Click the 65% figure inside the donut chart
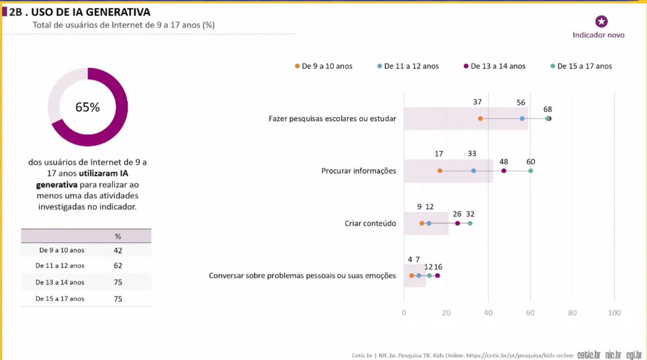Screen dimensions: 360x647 tap(87, 107)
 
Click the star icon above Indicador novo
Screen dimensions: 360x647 tap(601, 22)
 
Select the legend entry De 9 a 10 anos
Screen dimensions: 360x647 tap(323, 66)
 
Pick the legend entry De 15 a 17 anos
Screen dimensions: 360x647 tap(581, 66)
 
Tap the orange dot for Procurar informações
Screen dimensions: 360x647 tap(440, 171)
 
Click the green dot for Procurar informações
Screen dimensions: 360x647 tap(530, 171)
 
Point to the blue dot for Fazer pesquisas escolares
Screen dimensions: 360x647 tap(522, 119)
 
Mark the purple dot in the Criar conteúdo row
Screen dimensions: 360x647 tap(457, 223)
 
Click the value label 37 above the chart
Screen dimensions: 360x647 tap(477, 102)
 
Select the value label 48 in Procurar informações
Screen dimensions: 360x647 tap(503, 162)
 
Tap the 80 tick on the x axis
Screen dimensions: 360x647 tap(572, 313)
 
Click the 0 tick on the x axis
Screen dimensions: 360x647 tap(404, 313)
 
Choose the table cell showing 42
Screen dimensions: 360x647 tap(118, 251)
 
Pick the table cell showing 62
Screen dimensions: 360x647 tap(118, 266)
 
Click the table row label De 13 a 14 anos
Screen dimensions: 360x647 tap(60, 282)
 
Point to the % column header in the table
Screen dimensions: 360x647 tap(118, 236)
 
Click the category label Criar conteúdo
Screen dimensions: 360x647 tap(370, 223)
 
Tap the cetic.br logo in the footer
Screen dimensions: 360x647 tap(589, 355)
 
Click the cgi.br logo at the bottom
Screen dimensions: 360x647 tap(634, 355)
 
